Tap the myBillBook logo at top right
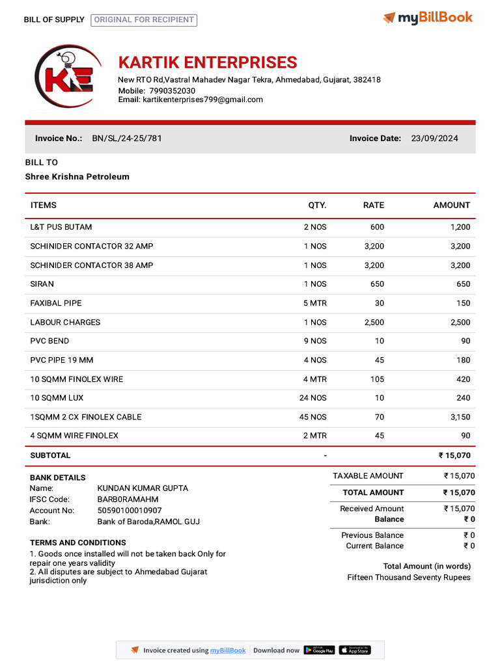[428, 18]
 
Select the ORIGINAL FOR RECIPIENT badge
[144, 20]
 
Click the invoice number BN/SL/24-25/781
[127, 139]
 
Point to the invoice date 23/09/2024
[434, 139]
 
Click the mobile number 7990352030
[172, 90]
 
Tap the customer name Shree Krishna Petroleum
[77, 177]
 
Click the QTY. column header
[317, 206]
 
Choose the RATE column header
[373, 206]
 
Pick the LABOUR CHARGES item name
[65, 323]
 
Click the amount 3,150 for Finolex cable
[460, 417]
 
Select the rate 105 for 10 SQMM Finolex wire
[377, 379]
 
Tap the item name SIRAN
[42, 284]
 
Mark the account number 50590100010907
[130, 511]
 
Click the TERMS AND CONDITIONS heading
[78, 542]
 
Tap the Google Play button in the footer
[319, 650]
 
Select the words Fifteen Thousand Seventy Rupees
[409, 578]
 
